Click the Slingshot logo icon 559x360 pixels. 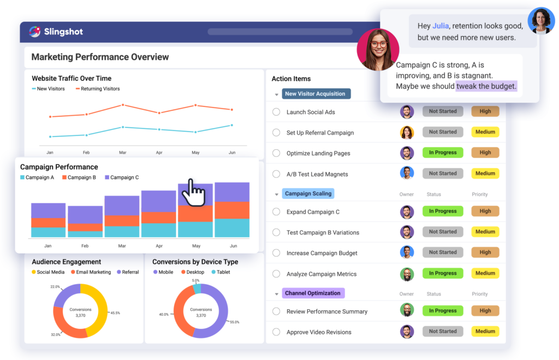click(x=35, y=31)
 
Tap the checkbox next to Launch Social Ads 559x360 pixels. click(x=276, y=112)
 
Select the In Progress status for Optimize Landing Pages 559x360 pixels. click(x=442, y=152)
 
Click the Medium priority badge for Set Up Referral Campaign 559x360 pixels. click(x=485, y=132)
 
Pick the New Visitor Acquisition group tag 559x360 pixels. click(x=315, y=94)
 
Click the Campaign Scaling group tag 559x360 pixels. click(x=308, y=193)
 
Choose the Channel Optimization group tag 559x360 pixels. click(x=313, y=293)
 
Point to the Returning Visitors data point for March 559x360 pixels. click(x=123, y=105)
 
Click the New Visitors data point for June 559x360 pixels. click(x=232, y=125)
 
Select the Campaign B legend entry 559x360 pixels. click(x=79, y=178)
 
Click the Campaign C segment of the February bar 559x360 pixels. click(x=85, y=214)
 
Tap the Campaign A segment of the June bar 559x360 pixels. click(x=232, y=228)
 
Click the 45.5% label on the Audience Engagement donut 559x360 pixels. click(x=115, y=313)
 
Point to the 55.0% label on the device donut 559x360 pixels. click(x=235, y=322)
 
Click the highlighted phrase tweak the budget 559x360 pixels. click(x=486, y=86)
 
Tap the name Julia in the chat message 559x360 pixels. click(x=441, y=26)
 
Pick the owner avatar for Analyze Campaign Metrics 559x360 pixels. click(x=407, y=274)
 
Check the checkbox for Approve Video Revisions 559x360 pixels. click(x=276, y=332)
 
